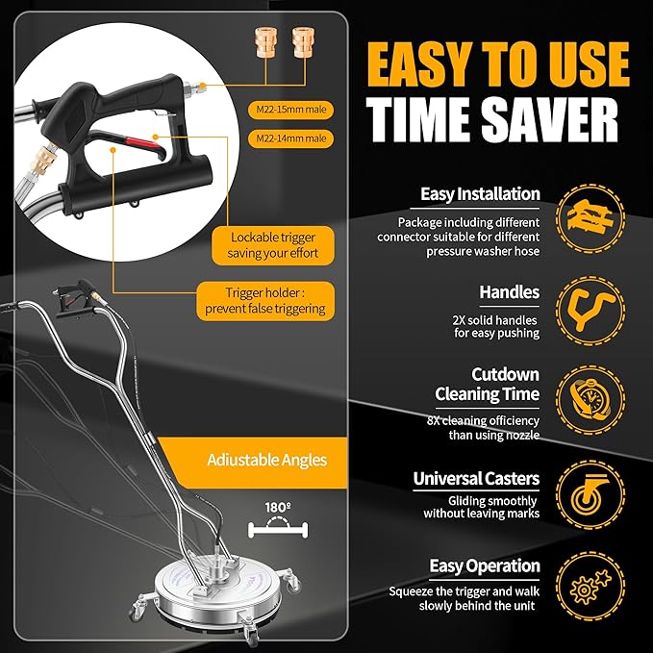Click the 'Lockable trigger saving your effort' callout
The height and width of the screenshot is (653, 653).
coord(273,245)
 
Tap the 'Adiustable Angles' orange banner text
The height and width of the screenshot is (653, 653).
coord(266,460)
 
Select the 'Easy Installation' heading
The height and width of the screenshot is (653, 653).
coord(480,194)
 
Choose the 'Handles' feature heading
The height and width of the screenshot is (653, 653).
coord(510,291)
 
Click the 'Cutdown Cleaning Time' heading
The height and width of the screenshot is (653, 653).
coord(487,384)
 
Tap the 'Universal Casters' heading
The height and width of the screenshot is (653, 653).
coord(476,478)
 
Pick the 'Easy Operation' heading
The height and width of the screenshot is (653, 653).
coord(477,566)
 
